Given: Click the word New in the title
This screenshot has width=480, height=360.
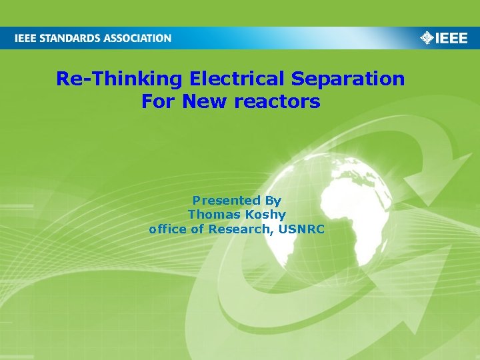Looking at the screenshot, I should click(x=202, y=102).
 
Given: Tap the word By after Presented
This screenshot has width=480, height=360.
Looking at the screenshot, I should click(x=273, y=201).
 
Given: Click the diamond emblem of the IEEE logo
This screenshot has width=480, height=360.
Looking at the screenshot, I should click(x=427, y=37).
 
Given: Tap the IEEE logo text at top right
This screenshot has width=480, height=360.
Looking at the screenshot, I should click(x=452, y=38).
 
